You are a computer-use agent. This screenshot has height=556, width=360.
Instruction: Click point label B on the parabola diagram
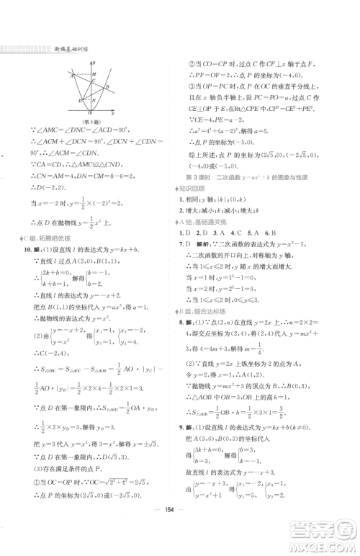click(107, 86)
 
